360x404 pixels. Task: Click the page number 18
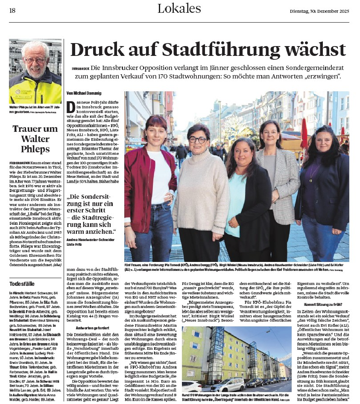[12, 10]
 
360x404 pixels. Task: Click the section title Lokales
[179, 9]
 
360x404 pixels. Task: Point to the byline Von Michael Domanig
[84, 93]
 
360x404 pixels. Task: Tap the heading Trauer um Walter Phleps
[35, 139]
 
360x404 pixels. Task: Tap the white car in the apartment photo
[191, 387]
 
